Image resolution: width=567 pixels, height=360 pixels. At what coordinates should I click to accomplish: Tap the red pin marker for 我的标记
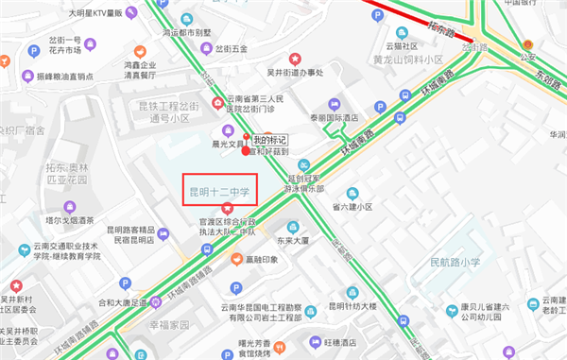coord(247,148)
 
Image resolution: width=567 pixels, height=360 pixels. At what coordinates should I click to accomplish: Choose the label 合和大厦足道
coord(112,303)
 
